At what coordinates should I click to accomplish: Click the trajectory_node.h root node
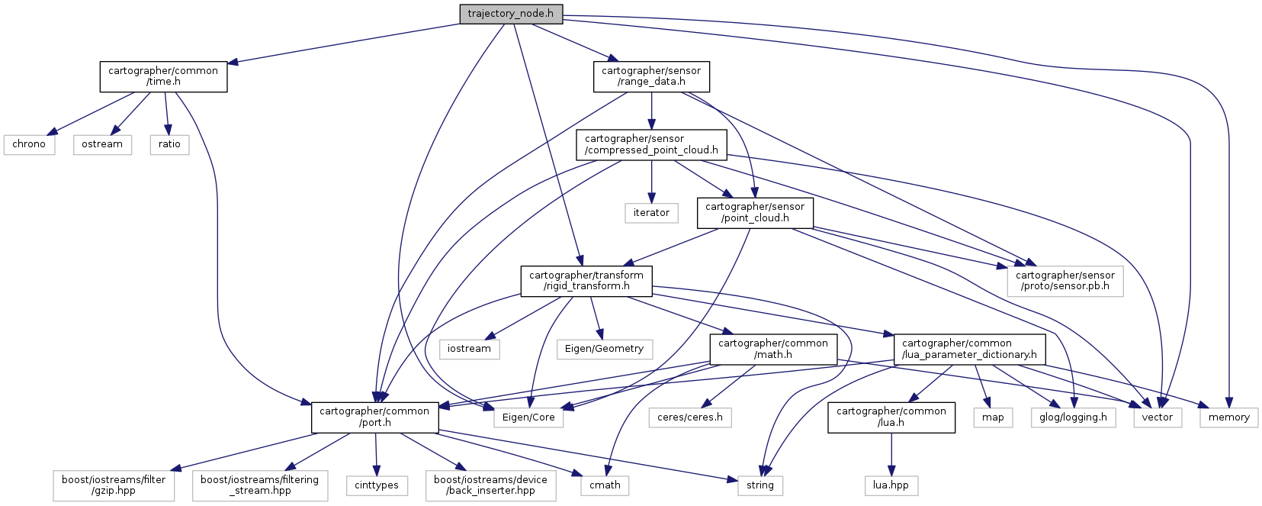[511, 14]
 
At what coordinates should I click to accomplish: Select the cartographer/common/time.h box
[163, 76]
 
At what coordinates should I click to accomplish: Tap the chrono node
[29, 144]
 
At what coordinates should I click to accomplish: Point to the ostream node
[102, 144]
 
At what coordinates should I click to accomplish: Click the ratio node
[169, 144]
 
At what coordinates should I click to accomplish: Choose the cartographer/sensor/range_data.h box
[651, 76]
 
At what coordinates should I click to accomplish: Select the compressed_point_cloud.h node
[651, 144]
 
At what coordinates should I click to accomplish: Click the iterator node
[651, 213]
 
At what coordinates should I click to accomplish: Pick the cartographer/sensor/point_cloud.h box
[755, 212]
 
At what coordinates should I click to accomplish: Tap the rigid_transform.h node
[586, 281]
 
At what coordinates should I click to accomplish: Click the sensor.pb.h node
[1065, 281]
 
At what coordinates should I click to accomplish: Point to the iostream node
[469, 349]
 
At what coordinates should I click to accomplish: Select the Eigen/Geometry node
[604, 349]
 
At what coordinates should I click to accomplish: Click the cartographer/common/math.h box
[773, 349]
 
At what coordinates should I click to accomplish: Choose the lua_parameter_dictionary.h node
[969, 349]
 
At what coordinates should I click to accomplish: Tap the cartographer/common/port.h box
[374, 417]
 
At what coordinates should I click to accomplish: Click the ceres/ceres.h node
[690, 417]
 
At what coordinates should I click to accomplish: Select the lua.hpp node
[891, 485]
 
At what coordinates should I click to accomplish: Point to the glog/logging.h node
[1073, 417]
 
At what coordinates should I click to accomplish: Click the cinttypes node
[377, 485]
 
